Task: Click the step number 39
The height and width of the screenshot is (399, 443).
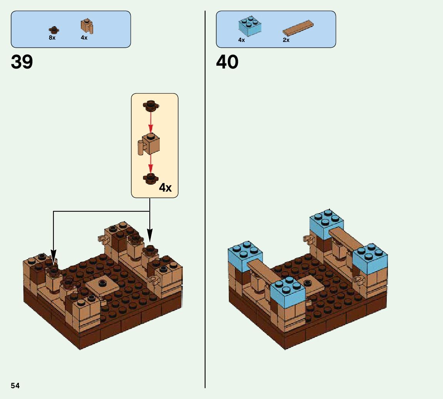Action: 22,62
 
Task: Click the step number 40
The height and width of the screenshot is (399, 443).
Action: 227,62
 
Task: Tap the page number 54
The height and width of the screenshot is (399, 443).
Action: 15,386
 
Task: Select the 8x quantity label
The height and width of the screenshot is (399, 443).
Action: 52,38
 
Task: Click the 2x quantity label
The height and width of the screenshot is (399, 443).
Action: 286,40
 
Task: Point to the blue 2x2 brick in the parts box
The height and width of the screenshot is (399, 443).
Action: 249,26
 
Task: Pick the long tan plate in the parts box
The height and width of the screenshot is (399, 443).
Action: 298,28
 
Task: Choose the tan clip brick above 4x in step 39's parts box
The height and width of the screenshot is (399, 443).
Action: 87,26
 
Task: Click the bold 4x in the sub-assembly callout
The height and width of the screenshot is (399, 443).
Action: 165,188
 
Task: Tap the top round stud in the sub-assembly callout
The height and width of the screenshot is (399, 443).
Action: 150,104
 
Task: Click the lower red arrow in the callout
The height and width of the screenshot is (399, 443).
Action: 150,163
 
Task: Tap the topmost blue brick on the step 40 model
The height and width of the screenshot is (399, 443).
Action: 326,223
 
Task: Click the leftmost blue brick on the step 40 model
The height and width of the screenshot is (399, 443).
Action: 245,255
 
